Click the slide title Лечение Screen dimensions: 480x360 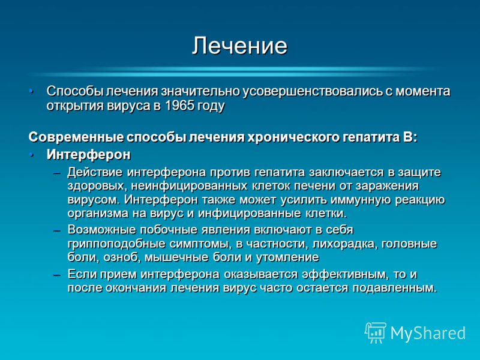click(x=239, y=46)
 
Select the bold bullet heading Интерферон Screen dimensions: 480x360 click(x=88, y=155)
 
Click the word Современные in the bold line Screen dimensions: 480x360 click(x=76, y=137)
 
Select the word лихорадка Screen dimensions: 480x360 click(x=343, y=244)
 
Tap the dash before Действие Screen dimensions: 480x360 click(x=57, y=173)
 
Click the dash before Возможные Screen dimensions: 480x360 click(x=57, y=230)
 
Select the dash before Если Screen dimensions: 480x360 click(x=57, y=275)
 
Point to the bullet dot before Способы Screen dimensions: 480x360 click(x=31, y=91)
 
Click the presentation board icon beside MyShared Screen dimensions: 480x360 click(x=376, y=332)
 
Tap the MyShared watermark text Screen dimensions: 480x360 click(x=428, y=333)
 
